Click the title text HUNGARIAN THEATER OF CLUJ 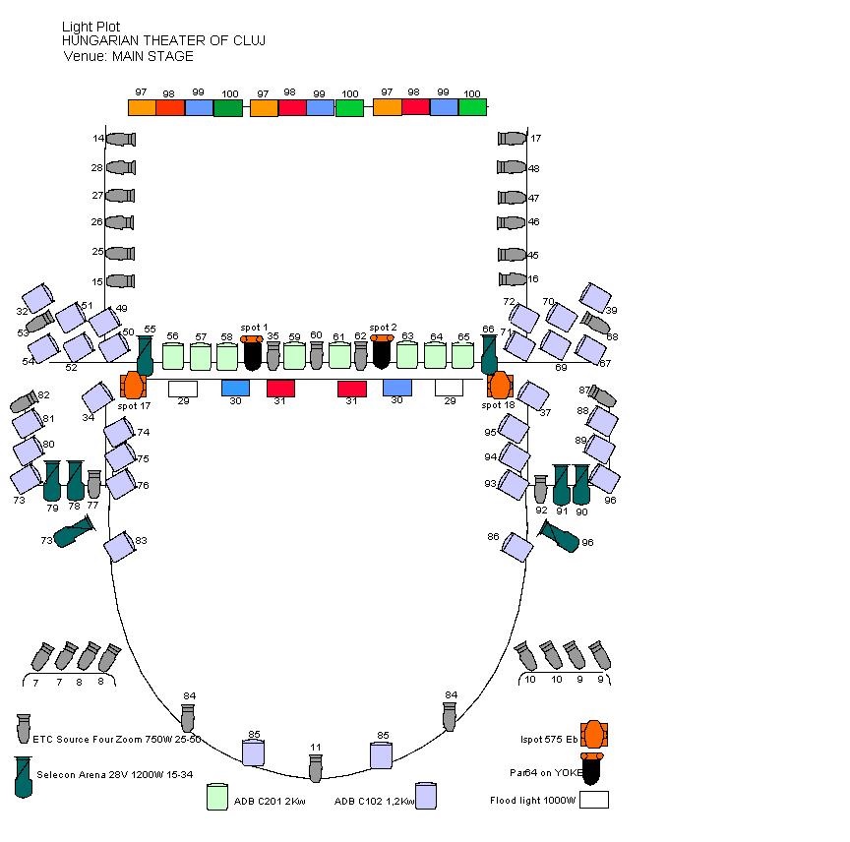coord(163,40)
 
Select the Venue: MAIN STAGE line coord(128,56)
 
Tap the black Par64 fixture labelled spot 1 coord(252,352)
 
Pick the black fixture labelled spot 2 coord(382,351)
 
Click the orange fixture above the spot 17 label coord(133,385)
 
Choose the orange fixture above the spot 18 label coord(500,385)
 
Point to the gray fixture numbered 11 coord(315,767)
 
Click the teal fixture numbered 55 coord(145,354)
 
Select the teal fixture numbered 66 coord(489,354)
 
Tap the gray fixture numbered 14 coord(120,140)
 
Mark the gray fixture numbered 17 coord(513,139)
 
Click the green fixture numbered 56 coord(173,355)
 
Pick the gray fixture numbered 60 coord(317,354)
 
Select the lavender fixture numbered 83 coord(120,546)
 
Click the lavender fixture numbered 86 coord(516,546)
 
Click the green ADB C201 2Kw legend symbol coord(217,797)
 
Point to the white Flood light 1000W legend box coord(593,800)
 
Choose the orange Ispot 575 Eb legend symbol coord(593,734)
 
